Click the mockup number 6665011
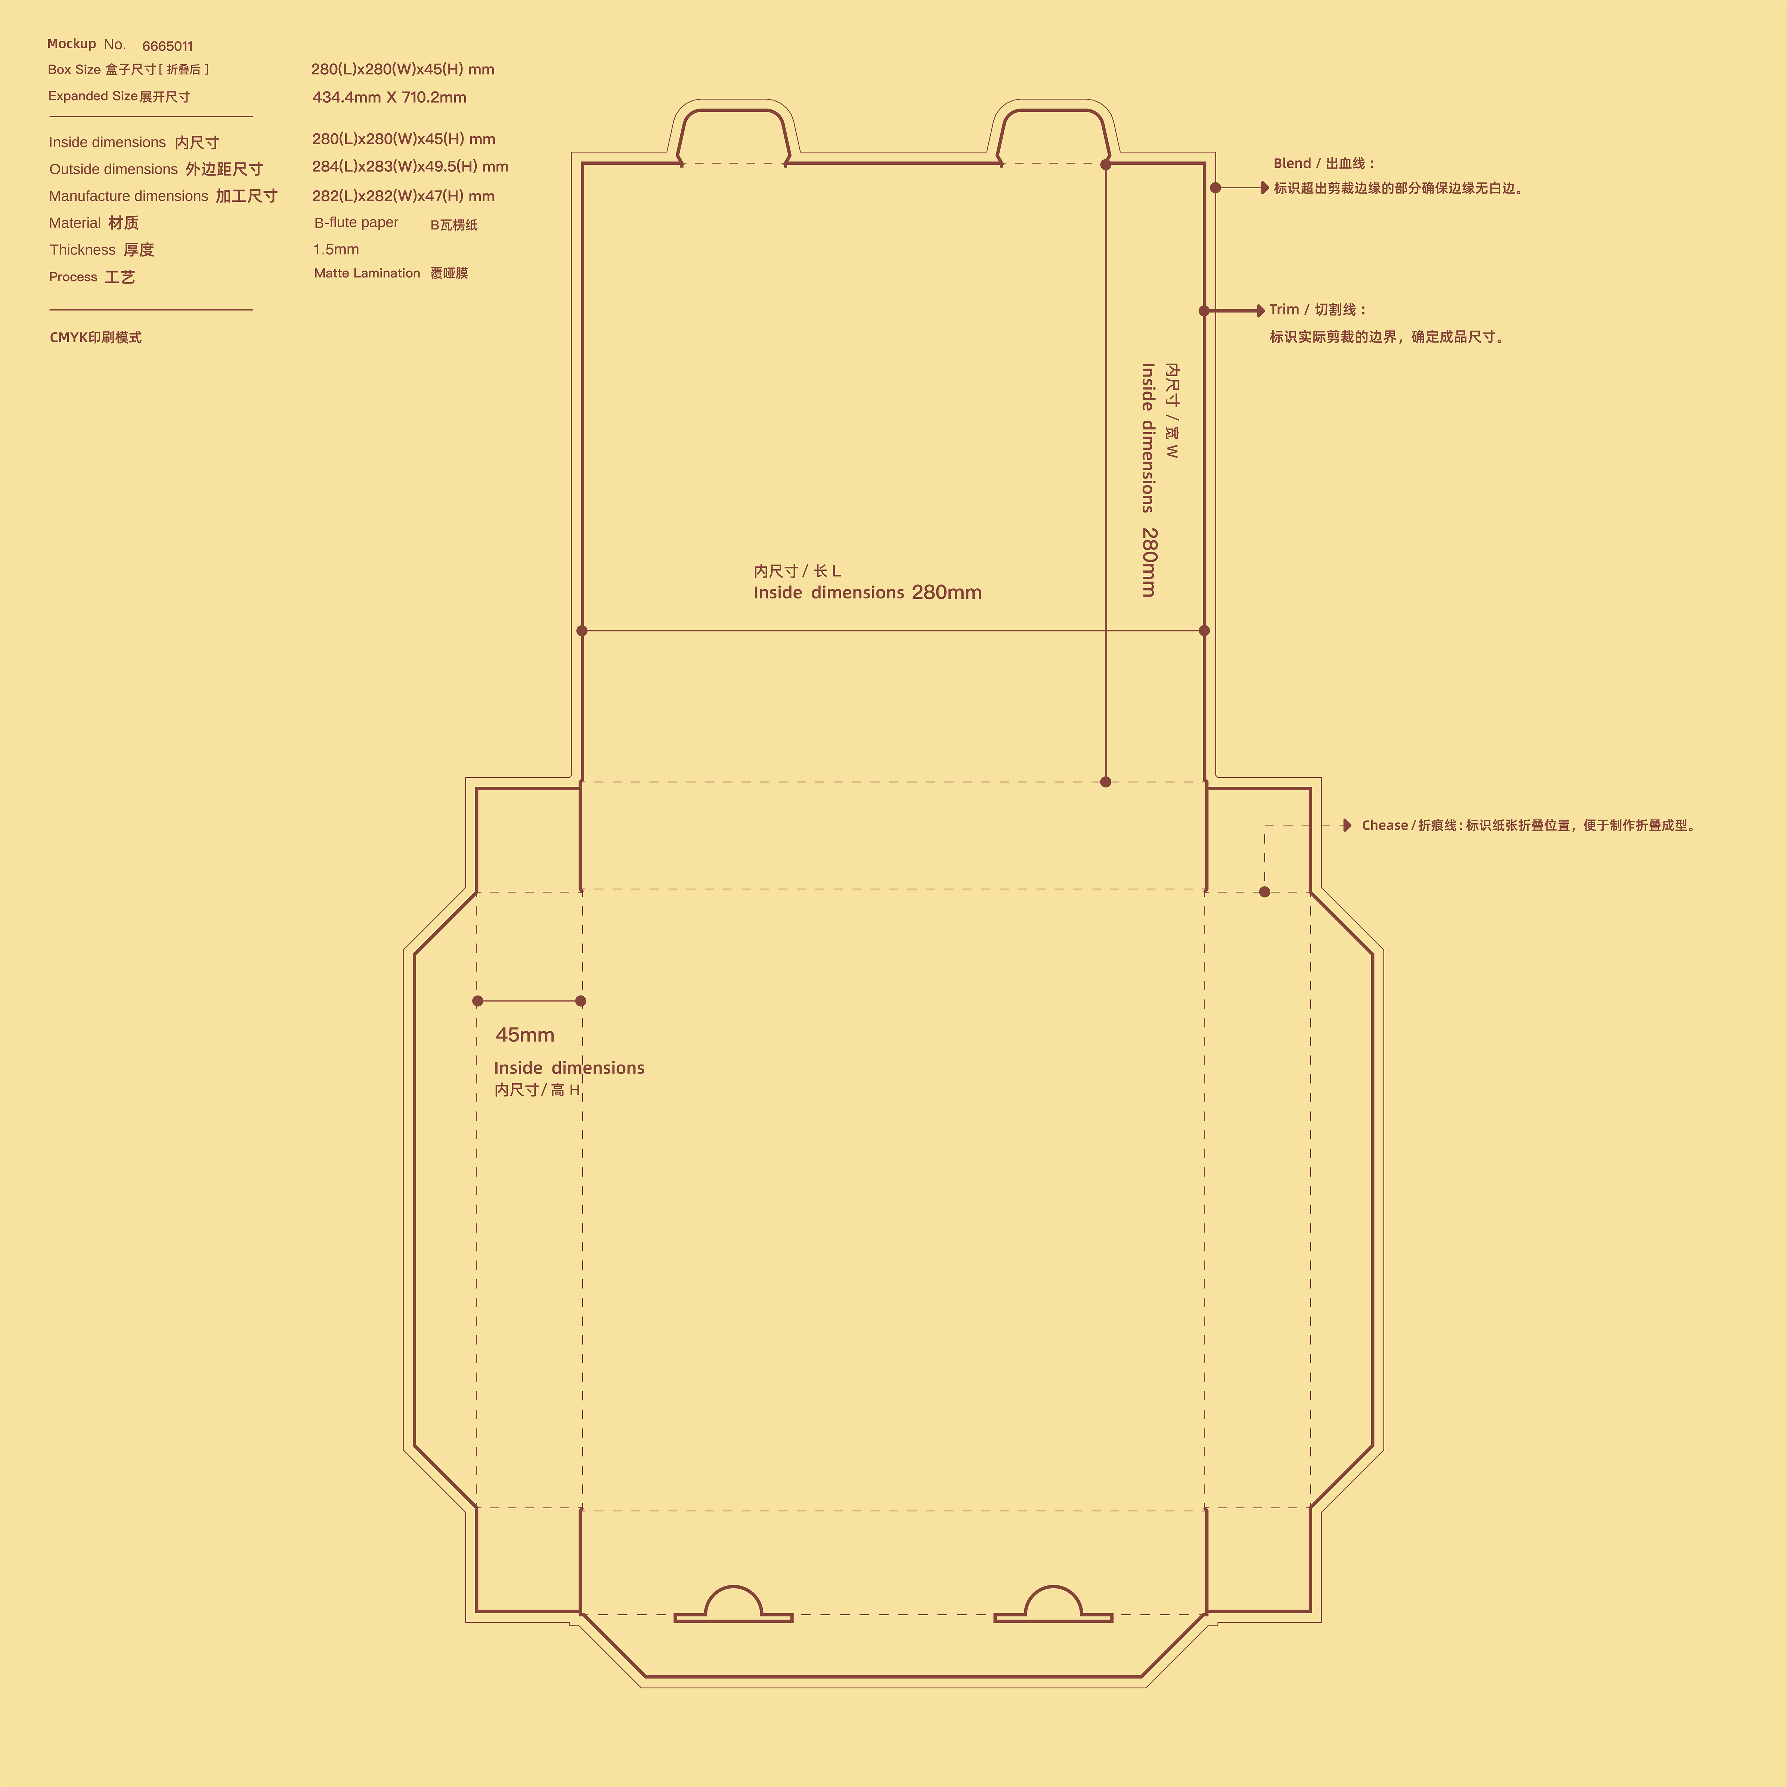coord(167,46)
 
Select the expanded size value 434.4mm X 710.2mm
coord(389,97)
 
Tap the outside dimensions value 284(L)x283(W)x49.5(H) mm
coord(410,167)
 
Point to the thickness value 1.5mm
coord(336,250)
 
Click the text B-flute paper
coord(356,223)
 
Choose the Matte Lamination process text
coord(367,273)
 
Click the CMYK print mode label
coord(95,338)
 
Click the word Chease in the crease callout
coord(1385,825)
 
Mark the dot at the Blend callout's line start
coord(1215,188)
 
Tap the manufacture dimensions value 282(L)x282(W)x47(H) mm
coord(403,196)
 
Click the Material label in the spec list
coord(75,223)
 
